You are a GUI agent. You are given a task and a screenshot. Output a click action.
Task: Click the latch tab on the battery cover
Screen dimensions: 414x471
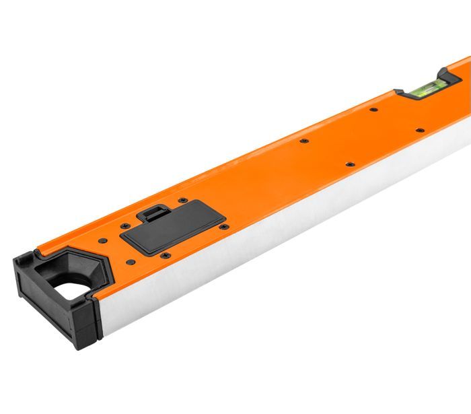coord(151,213)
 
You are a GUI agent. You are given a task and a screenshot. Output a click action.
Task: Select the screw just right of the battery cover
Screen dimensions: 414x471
coord(224,226)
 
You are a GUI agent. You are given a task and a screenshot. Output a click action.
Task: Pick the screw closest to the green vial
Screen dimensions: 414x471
coord(420,130)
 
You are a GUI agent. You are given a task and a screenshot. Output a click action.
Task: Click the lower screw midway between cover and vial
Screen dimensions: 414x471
coord(349,164)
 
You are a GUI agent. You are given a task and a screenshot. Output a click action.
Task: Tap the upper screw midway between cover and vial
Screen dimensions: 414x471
coord(303,141)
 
